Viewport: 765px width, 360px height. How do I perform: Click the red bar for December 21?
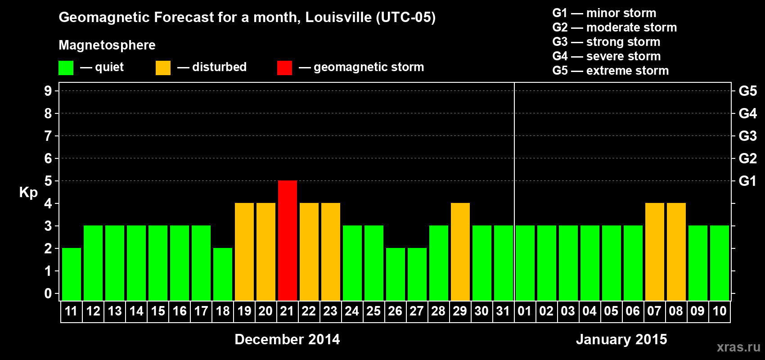287,240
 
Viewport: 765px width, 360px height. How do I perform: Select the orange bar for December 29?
460,252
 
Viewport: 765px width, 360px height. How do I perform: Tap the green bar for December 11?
71,274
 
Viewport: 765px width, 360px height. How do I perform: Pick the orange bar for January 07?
654,252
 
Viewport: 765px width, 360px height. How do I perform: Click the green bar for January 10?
719,263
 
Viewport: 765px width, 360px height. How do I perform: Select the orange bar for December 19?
244,252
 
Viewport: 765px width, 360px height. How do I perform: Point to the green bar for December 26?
395,274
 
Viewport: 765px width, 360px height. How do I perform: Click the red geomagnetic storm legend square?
284,68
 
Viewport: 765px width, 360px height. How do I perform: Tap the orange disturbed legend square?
163,68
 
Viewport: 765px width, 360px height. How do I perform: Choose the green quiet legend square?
66,68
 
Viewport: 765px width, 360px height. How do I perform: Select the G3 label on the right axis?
747,136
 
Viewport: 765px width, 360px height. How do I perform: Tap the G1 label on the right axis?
747,181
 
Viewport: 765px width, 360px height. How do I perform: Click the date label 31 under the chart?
503,311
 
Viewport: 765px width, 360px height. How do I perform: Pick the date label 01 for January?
525,311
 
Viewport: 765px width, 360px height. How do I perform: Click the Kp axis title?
28,192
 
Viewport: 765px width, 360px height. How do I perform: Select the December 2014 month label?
287,339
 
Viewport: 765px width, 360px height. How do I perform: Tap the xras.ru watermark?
738,346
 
